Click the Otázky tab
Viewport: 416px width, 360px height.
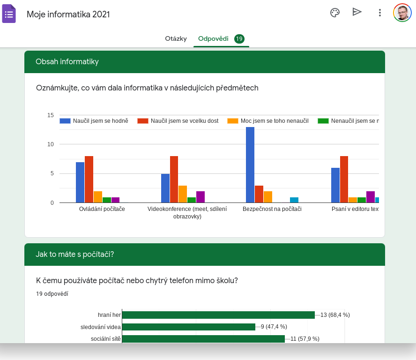[x=176, y=38]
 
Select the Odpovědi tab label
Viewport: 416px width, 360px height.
[x=213, y=38]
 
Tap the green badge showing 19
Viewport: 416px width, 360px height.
[x=239, y=39]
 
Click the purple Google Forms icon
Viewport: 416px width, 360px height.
[x=9, y=14]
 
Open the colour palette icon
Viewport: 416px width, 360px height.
[x=335, y=13]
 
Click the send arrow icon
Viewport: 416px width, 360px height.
[x=357, y=12]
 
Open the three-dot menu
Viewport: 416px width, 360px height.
[x=380, y=13]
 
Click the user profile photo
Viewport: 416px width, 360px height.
[x=402, y=13]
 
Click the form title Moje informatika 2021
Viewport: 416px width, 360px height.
[x=68, y=14]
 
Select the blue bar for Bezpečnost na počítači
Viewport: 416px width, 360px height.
[x=250, y=165]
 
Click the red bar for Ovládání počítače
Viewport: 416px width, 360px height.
[x=89, y=179]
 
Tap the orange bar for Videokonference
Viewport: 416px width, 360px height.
[x=183, y=194]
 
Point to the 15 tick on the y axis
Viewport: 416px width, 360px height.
[x=51, y=115]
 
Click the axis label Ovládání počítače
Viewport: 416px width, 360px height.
[x=102, y=209]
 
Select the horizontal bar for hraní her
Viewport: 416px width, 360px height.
[x=218, y=315]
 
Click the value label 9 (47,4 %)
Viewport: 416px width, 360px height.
[x=274, y=327]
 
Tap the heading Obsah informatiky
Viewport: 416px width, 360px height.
[x=67, y=62]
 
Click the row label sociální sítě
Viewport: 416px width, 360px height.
[x=106, y=338]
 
